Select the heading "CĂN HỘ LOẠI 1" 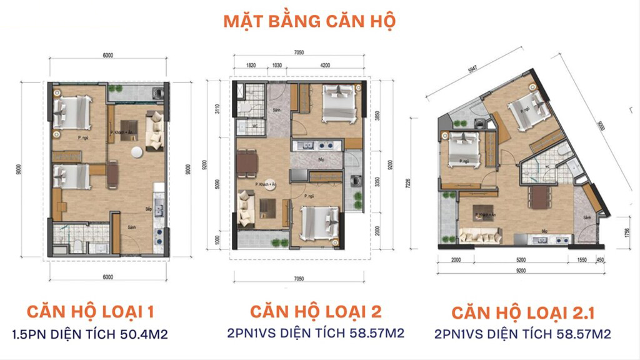point(89,311)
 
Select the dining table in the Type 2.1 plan point(539,197)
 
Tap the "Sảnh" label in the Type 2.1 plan point(587,217)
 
